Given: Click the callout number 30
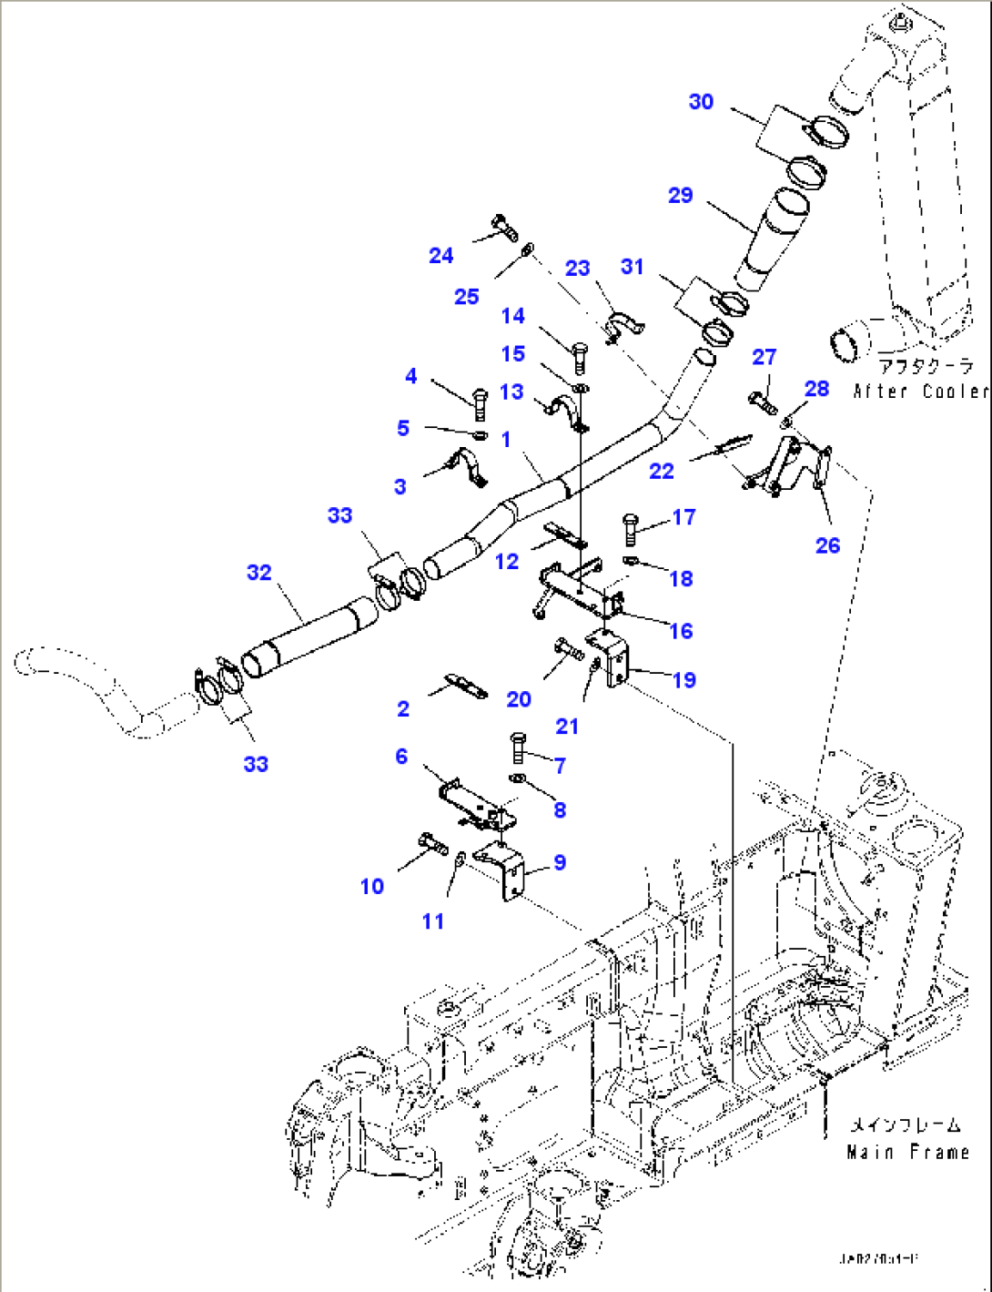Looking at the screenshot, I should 701,102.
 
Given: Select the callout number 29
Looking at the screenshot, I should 681,195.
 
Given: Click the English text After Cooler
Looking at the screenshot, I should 921,392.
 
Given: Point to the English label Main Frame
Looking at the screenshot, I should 907,1153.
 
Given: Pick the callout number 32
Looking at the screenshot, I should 259,573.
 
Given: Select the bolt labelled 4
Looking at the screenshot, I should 480,402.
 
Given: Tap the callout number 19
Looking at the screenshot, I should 683,680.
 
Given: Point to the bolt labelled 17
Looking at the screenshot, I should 630,527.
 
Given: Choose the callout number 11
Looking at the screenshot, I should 433,921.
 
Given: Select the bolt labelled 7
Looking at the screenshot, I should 519,748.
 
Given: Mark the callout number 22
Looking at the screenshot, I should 662,471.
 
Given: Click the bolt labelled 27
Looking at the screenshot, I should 762,400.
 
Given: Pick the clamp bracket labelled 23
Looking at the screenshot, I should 623,325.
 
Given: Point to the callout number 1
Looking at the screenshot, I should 506,439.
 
